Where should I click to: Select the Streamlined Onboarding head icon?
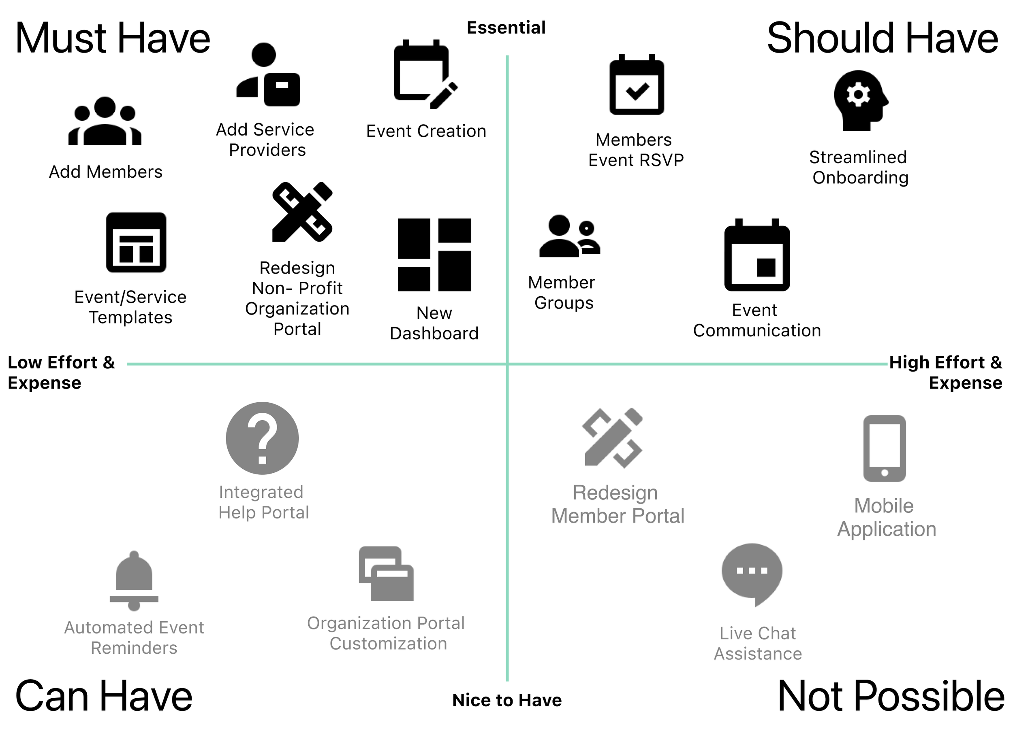pyautogui.click(x=860, y=100)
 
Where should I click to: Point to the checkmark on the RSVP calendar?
pyautogui.click(x=637, y=91)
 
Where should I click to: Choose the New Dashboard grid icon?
pyautogui.click(x=434, y=255)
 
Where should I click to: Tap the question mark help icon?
pyautogui.click(x=262, y=438)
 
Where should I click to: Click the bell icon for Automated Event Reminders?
pyautogui.click(x=134, y=580)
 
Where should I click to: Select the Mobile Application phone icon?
pyautogui.click(x=885, y=448)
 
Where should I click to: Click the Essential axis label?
pyautogui.click(x=506, y=28)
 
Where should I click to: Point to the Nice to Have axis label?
pyautogui.click(x=507, y=700)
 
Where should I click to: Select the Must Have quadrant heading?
pyautogui.click(x=113, y=38)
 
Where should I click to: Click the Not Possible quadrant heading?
pyautogui.click(x=891, y=696)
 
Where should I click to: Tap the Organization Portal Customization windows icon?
pyautogui.click(x=386, y=574)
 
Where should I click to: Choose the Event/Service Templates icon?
pyautogui.click(x=136, y=242)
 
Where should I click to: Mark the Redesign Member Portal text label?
pyautogui.click(x=617, y=504)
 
